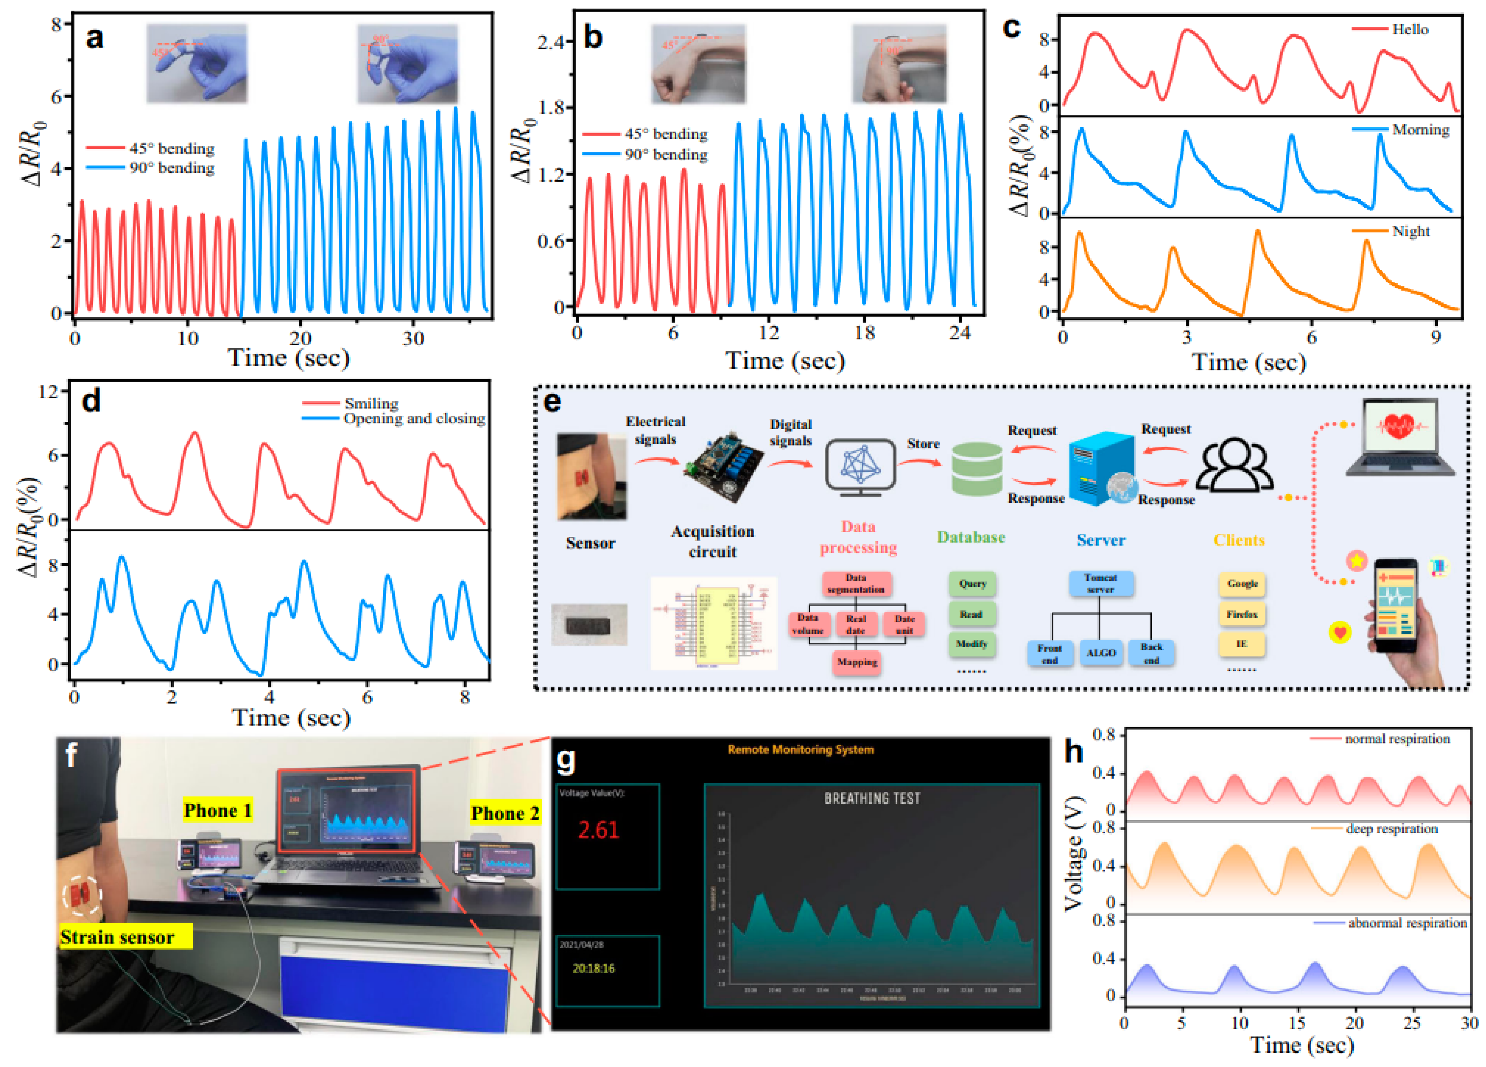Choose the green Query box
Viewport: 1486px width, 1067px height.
pyautogui.click(x=972, y=583)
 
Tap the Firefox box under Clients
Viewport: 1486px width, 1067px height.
pyautogui.click(x=1242, y=614)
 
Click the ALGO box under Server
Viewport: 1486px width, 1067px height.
pyautogui.click(x=1101, y=653)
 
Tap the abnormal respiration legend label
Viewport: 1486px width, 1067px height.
pyautogui.click(x=1407, y=923)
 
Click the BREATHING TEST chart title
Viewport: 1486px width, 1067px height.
pyautogui.click(x=872, y=798)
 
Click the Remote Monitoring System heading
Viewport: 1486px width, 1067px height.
pyautogui.click(x=801, y=749)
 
